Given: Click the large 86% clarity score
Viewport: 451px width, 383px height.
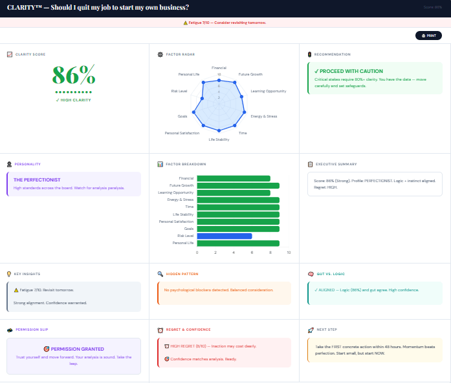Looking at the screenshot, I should pyautogui.click(x=73, y=76).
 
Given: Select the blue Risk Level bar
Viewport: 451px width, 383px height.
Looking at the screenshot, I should pyautogui.click(x=224, y=236).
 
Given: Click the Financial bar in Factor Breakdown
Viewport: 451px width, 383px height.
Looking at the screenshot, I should pyautogui.click(x=233, y=178).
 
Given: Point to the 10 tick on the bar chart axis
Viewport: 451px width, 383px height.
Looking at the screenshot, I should pyautogui.click(x=289, y=253).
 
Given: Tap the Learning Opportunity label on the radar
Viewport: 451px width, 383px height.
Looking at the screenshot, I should pyautogui.click(x=268, y=91).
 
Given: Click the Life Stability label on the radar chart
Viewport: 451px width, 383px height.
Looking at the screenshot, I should pyautogui.click(x=218, y=140).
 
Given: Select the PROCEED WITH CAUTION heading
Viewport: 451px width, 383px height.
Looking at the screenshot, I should pyautogui.click(x=348, y=71).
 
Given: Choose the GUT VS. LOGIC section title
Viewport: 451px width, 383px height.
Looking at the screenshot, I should pyautogui.click(x=331, y=274).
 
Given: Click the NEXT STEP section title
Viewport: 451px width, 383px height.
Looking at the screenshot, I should pyautogui.click(x=327, y=329).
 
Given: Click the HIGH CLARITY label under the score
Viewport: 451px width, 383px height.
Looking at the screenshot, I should pyautogui.click(x=73, y=100).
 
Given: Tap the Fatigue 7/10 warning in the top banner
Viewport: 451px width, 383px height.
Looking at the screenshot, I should pyautogui.click(x=225, y=23).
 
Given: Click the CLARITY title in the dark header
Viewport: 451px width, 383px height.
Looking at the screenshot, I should pyautogui.click(x=97, y=7).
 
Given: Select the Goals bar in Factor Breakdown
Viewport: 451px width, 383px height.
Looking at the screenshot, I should pyautogui.click(x=237, y=229).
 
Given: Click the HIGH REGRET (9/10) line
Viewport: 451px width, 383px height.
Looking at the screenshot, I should pyautogui.click(x=200, y=346).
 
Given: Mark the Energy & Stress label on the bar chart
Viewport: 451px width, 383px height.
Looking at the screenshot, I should pyautogui.click(x=181, y=200).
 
